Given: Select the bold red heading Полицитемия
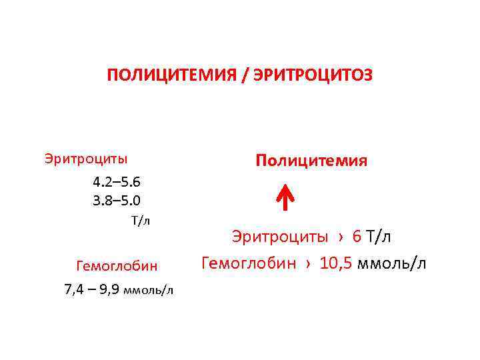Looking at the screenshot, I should pyautogui.click(x=311, y=161).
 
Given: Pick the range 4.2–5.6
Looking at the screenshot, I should pyautogui.click(x=117, y=181).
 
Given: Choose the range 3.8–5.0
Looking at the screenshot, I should pyautogui.click(x=117, y=200).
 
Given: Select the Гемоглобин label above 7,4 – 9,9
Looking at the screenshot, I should pyautogui.click(x=117, y=266).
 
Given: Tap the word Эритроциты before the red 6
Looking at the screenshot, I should pyautogui.click(x=280, y=236).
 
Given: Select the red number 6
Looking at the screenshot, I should pyautogui.click(x=357, y=236).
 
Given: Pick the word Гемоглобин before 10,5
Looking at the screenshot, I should pyautogui.click(x=248, y=263).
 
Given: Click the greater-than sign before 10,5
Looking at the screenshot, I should pyautogui.click(x=308, y=263).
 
